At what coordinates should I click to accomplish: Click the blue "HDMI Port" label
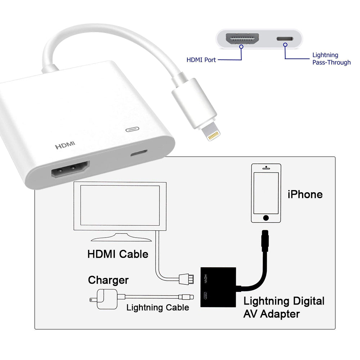[x=201, y=60]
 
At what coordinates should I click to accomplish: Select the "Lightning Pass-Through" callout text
[x=332, y=59]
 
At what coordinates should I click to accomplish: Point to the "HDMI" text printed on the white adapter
[x=65, y=145]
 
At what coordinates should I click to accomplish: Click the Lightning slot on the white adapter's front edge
[x=139, y=153]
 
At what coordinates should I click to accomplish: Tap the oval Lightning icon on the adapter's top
[x=132, y=130]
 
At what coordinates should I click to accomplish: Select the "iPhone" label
[x=305, y=194]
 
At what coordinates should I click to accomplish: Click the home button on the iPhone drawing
[x=266, y=218]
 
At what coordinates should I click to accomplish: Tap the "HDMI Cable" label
[x=118, y=254]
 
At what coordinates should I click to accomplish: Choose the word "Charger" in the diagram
[x=108, y=280]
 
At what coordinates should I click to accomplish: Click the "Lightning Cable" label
[x=158, y=307]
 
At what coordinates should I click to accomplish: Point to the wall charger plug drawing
[x=104, y=299]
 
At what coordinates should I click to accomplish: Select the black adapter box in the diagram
[x=218, y=287]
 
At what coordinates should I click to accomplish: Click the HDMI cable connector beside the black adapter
[x=186, y=279]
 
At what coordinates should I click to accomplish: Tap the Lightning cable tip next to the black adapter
[x=186, y=297]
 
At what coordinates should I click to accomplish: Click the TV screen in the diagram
[x=120, y=205]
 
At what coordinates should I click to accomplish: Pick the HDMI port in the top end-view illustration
[x=242, y=39]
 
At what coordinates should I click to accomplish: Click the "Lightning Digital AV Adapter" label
[x=284, y=307]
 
